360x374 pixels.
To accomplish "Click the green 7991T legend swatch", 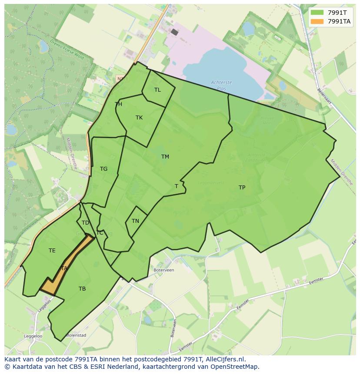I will coord(317,13).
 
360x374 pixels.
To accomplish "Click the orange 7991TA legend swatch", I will coord(317,21).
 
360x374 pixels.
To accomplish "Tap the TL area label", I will coord(157,90).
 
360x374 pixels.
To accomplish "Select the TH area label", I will coord(118,104).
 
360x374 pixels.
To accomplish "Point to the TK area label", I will coord(139,118).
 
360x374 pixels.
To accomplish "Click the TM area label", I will coord(165,157).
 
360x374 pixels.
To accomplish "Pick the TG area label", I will coord(103,169).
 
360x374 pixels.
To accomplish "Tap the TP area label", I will coord(242,188).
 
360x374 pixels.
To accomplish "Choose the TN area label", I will coord(135,221).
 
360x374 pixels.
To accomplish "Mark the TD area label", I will coord(85,223).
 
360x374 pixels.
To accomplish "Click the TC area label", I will coord(100,233).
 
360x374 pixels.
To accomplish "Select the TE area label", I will coord(52,251).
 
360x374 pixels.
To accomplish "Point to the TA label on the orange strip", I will coord(64,268).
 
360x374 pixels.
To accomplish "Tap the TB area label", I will coord(82,289).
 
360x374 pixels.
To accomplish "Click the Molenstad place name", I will coord(77,335).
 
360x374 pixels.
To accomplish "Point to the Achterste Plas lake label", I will coord(221,85).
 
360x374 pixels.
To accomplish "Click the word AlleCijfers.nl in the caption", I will coord(223,360).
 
